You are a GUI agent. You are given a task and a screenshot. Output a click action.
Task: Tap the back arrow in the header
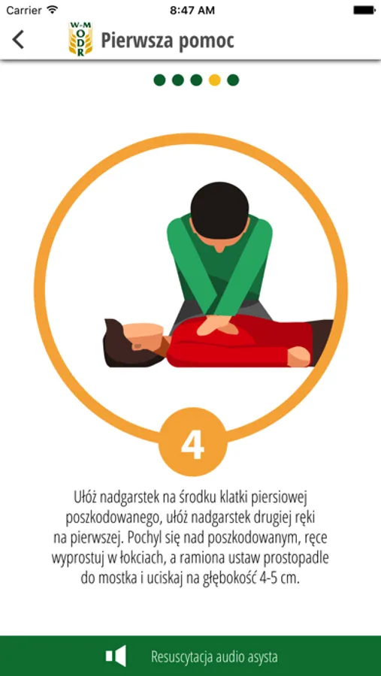coord(18,40)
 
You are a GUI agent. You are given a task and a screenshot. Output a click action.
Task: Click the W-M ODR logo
coord(80,39)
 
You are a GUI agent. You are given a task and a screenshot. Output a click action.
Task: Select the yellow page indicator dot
coord(214,80)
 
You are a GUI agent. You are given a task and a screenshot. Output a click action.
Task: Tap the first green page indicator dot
coord(159,80)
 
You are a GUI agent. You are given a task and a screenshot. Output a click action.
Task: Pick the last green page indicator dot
coord(233,80)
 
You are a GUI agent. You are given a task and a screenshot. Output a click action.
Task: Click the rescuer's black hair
coord(220,209)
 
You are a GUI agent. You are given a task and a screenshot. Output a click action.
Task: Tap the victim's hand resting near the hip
coord(299,357)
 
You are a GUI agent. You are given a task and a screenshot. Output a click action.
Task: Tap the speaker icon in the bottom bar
coord(116,656)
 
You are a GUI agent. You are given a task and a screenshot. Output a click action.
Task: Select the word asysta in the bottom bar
coord(261,657)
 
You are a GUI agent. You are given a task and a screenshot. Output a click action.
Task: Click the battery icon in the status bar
coord(364,11)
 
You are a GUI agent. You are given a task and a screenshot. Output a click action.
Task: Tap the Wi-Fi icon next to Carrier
coord(52,10)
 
